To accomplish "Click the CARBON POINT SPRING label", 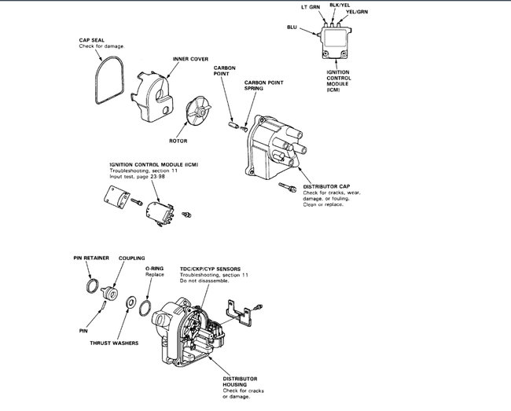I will click(x=264, y=86).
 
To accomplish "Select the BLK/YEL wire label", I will click(x=340, y=5).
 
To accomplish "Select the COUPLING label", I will click(x=131, y=257).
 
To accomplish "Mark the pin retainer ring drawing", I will click(x=94, y=285).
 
